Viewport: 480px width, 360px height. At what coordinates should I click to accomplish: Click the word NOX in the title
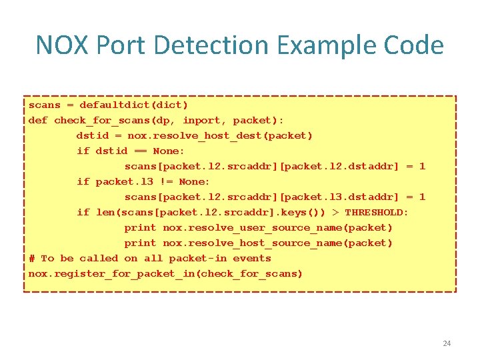[62, 45]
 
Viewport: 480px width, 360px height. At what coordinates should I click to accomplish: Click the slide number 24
[447, 343]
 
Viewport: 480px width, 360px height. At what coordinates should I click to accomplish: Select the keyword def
[38, 120]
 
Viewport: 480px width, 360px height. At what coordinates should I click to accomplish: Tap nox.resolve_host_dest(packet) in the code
[220, 135]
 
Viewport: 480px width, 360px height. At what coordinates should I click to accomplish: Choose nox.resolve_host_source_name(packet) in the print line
[278, 243]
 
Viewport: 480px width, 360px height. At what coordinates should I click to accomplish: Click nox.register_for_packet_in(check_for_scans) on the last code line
[165, 273]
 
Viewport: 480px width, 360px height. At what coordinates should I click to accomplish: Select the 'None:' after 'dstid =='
[169, 151]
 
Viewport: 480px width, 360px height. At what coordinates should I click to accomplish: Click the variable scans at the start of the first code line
[44, 105]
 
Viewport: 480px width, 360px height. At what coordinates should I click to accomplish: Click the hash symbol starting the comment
[31, 258]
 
